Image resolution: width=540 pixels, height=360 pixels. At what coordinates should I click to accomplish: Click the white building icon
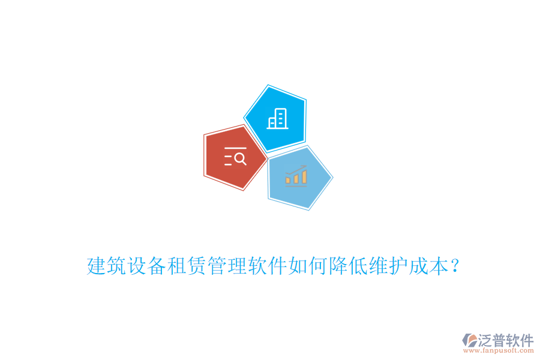[277, 118]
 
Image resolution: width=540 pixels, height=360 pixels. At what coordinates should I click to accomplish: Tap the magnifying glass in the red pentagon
[240, 159]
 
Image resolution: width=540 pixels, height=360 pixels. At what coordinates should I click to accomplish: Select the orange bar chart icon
[296, 177]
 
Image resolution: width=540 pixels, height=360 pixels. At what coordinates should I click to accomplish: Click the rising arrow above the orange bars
[296, 169]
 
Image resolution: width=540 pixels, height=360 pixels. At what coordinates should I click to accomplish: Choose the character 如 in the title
[298, 266]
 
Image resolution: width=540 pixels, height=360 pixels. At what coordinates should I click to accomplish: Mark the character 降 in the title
[338, 266]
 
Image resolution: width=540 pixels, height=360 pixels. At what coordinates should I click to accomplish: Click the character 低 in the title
[359, 266]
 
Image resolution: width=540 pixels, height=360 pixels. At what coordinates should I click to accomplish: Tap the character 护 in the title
[399, 266]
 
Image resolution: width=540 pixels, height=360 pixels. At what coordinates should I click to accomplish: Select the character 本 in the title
[439, 266]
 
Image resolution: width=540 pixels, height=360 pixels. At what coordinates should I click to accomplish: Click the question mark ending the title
[457, 266]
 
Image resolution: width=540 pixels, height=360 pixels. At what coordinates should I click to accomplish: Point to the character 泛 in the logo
[486, 341]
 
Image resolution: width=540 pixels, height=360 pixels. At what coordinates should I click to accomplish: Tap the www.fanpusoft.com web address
[504, 352]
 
